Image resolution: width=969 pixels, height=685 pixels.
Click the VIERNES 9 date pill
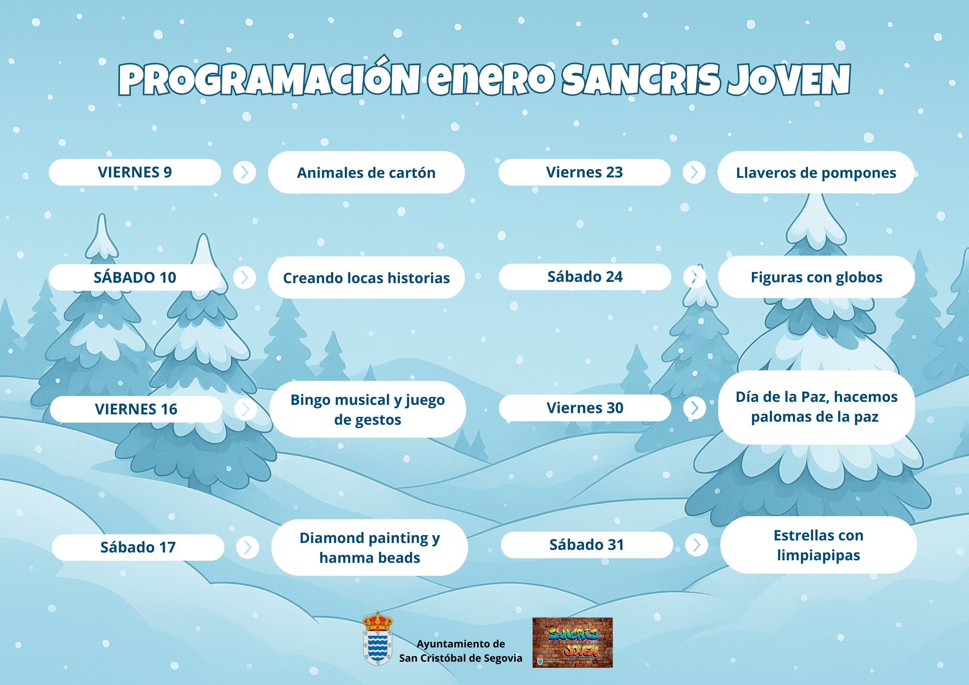pos(135,172)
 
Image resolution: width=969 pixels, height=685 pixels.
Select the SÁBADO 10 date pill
pos(135,277)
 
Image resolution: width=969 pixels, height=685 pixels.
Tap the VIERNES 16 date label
pos(136,409)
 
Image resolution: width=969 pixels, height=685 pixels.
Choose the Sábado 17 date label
pos(138,547)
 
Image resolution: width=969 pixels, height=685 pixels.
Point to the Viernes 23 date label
pos(584,172)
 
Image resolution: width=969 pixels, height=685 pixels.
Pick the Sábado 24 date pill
pos(585,277)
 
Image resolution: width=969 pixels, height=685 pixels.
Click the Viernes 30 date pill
pos(585,408)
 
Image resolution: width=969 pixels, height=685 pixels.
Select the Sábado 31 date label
pos(587,545)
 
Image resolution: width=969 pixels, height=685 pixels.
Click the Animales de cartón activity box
pos(366,172)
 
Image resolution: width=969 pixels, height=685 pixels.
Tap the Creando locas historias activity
pos(366,278)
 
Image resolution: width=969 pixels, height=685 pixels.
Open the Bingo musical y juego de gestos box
pos(367,409)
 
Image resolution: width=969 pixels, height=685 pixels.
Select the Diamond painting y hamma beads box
pos(369,547)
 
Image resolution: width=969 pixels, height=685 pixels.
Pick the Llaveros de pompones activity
pos(816,172)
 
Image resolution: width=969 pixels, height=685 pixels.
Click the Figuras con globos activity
pos(816,277)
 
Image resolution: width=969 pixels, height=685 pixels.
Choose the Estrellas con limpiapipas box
pos(818,545)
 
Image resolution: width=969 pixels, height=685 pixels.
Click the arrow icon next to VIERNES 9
pos(244,172)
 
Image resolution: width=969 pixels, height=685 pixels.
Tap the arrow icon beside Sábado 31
pos(697,545)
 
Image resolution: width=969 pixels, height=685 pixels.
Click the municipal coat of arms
pos(378,638)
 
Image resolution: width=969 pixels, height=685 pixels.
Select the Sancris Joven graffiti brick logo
pos(572,643)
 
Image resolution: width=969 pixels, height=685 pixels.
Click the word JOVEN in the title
pos(789,79)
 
